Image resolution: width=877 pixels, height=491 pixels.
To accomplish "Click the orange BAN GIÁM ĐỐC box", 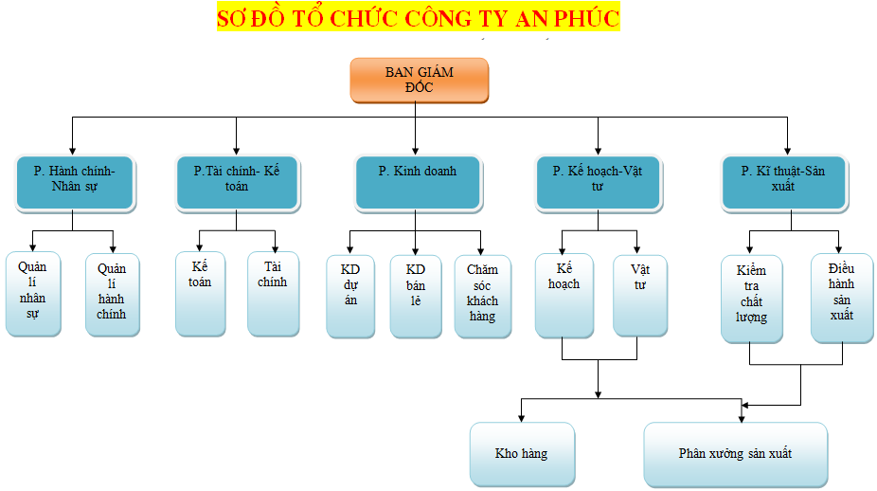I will [x=419, y=80].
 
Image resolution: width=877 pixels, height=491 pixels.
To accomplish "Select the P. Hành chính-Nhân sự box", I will [x=75, y=182].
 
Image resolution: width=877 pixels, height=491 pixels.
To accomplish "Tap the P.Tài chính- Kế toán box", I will [x=237, y=182].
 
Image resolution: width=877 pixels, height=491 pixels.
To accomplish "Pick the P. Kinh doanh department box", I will [x=417, y=182].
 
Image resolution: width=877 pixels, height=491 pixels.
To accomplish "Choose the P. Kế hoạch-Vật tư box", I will [x=598, y=182].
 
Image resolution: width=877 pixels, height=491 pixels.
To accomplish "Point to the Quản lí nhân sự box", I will [x=32, y=293].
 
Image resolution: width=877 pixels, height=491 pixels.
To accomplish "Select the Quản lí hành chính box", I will [x=112, y=293].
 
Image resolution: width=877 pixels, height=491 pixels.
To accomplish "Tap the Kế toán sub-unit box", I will [x=200, y=293].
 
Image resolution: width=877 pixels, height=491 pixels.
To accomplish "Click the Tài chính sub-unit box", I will [x=273, y=293].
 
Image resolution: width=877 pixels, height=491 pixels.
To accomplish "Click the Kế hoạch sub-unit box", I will [x=564, y=295].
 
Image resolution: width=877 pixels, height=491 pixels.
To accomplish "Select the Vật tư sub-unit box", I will [x=639, y=295].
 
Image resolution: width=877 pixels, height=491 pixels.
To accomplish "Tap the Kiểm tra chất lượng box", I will [x=751, y=298].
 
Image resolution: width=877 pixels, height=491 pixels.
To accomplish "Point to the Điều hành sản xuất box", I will [x=841, y=298].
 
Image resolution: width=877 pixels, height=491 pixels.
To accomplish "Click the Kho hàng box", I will [x=522, y=454].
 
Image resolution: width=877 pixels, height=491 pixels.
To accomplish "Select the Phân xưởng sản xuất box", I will [x=735, y=454].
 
